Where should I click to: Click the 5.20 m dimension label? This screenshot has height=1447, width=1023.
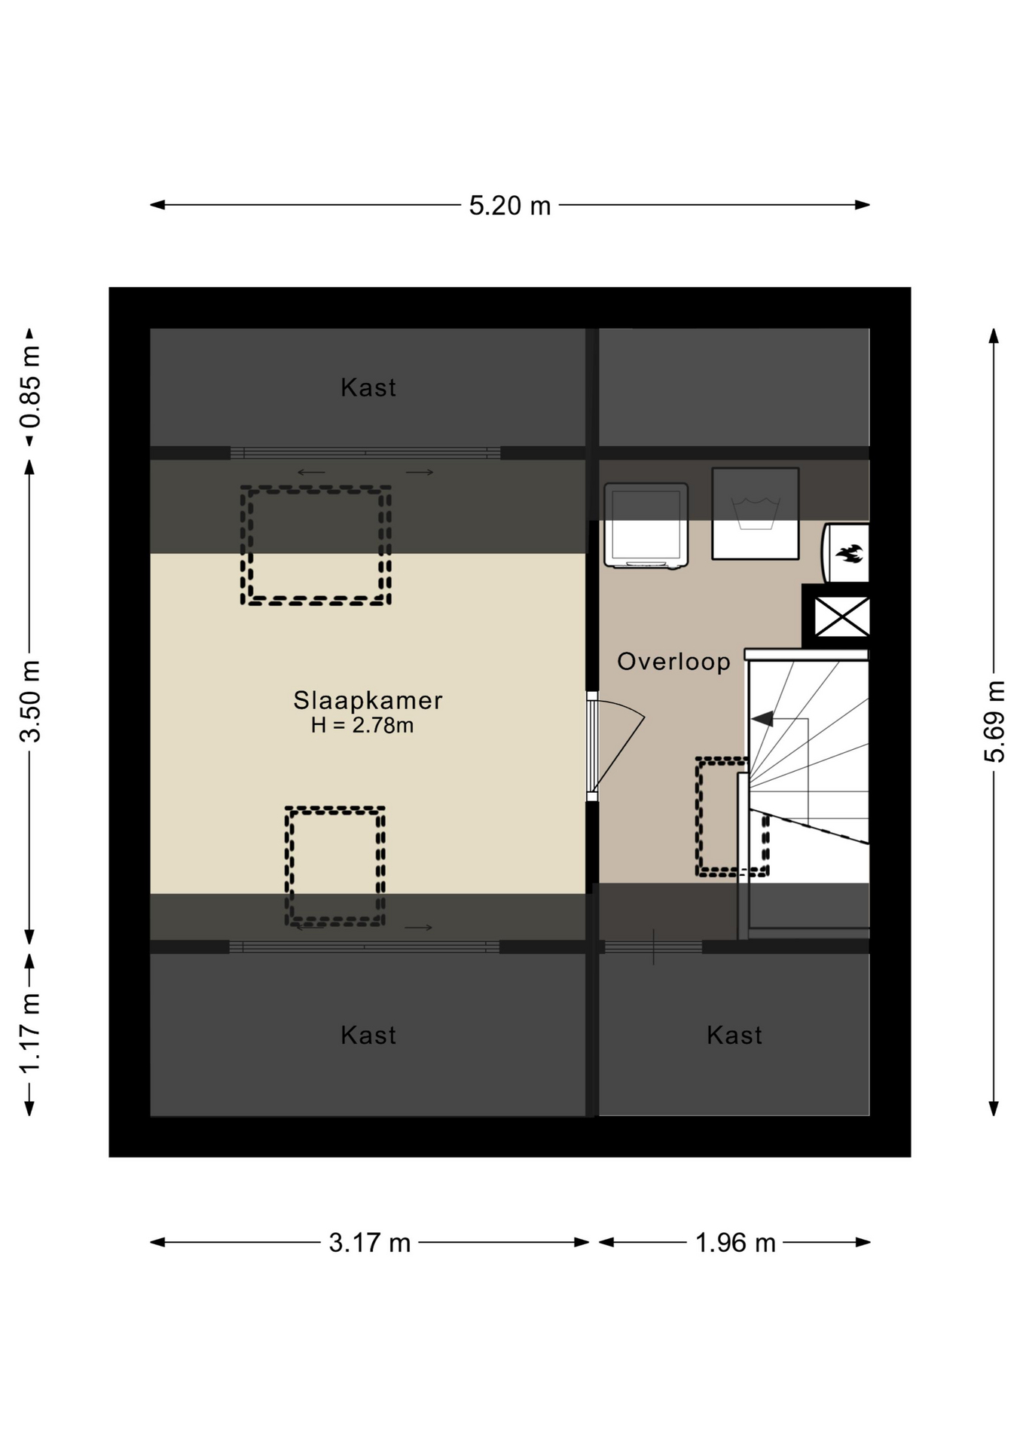pos(510,206)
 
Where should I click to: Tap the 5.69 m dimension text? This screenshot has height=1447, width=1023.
pos(994,721)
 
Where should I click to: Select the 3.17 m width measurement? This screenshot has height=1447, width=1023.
pos(369,1243)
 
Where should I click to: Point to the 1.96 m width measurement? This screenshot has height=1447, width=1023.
pos(735,1243)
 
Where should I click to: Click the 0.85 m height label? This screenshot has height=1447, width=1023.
pos(30,387)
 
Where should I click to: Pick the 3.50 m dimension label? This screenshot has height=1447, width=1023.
pos(30,701)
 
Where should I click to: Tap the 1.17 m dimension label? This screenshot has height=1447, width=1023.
pos(30,1033)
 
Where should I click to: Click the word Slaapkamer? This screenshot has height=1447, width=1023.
pos(368,700)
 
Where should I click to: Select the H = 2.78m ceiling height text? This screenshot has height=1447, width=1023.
pos(362,726)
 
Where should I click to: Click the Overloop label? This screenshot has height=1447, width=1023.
pos(673,662)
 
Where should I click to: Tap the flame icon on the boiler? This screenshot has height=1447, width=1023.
pos(849,554)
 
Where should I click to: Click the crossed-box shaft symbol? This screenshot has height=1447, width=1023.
pos(841,617)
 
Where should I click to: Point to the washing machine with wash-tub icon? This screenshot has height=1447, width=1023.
pos(756,513)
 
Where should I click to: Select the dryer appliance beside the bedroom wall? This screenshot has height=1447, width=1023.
pos(646,525)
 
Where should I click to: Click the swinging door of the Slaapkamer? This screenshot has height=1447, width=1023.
pos(618,746)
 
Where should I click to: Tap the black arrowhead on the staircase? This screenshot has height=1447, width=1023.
pos(762,719)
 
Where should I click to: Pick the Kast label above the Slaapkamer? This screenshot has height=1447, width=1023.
pos(368,387)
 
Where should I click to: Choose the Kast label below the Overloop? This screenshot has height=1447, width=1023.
pos(734,1035)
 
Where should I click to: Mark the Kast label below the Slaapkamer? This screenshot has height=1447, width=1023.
pos(368,1035)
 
